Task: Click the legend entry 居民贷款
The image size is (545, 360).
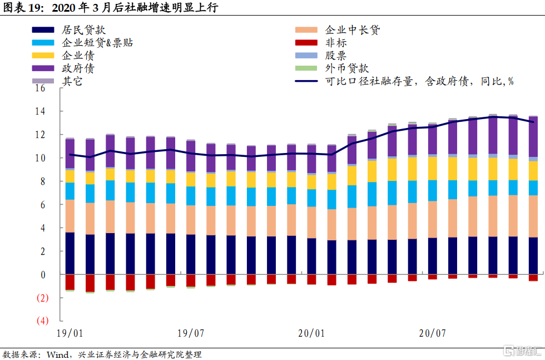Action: tap(83, 30)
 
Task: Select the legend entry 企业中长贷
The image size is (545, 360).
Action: tap(353, 30)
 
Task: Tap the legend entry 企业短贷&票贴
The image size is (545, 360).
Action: tap(97, 43)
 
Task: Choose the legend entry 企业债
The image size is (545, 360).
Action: tap(78, 56)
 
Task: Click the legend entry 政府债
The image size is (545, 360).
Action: tap(78, 68)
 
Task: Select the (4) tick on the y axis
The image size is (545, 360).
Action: tap(42, 322)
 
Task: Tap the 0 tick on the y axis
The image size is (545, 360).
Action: tap(42, 275)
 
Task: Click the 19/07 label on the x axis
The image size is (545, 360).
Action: tap(190, 334)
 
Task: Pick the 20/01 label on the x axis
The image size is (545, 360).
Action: tap(311, 334)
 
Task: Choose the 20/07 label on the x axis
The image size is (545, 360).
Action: tap(432, 334)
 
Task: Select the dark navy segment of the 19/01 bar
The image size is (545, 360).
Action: tap(70, 253)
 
